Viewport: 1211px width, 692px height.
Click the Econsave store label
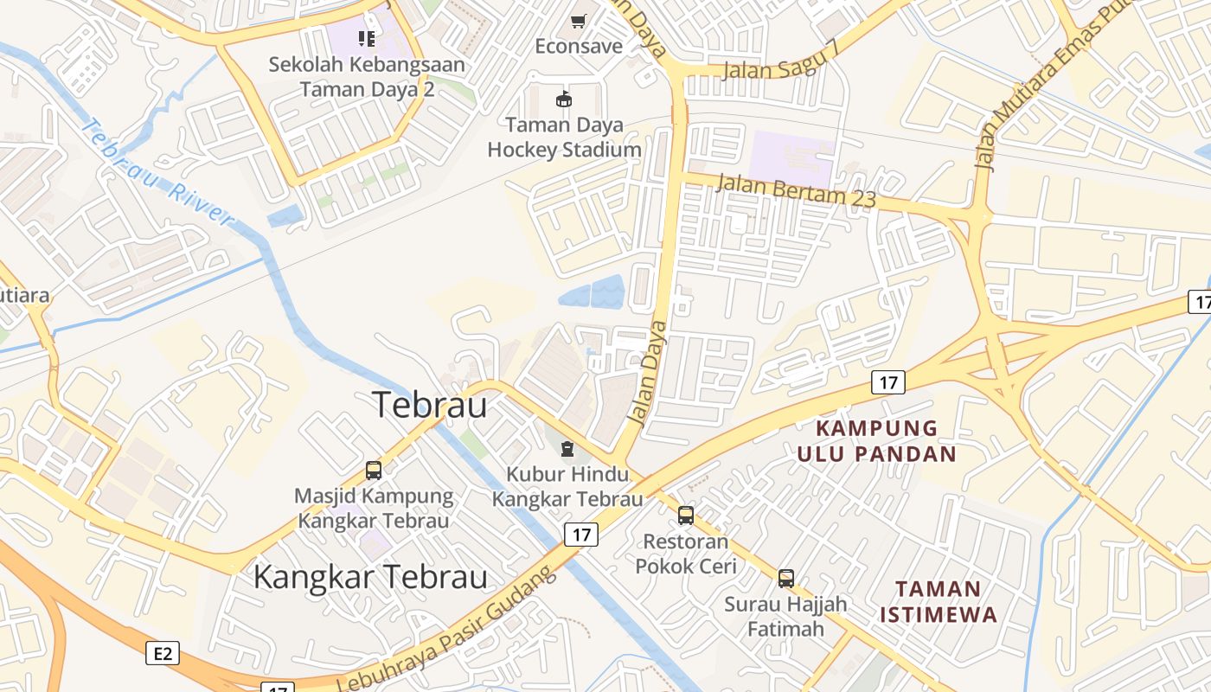pos(578,46)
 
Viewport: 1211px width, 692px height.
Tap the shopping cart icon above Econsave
pos(578,21)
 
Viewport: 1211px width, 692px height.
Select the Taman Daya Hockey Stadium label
pos(564,138)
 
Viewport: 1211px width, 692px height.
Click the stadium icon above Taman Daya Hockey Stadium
pos(564,99)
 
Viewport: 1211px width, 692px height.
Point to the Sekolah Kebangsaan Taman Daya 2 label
pos(366,77)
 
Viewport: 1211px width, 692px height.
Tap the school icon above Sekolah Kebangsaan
pos(367,38)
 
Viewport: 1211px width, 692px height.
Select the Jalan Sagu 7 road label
pos(781,61)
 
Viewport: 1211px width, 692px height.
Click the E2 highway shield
pos(163,653)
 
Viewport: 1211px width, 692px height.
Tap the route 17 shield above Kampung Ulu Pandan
pos(887,381)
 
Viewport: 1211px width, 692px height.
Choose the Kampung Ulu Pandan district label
pos(875,441)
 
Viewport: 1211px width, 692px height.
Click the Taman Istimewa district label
pos(938,602)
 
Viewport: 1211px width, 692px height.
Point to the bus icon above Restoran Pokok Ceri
pos(686,516)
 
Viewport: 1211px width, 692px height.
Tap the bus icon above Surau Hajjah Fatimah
pos(785,578)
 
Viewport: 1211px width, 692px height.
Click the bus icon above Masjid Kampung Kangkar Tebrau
pos(374,471)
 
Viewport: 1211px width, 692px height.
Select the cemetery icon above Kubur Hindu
pos(567,448)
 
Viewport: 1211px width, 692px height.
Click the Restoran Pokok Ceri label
pos(686,554)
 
